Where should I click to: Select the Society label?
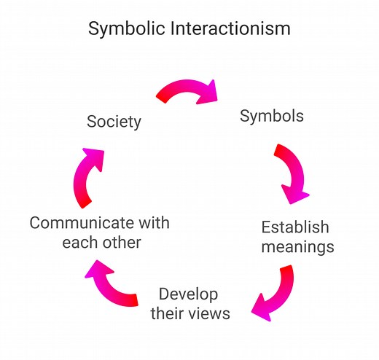pos(114,122)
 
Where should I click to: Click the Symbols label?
pos(272,116)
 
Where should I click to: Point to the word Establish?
pos(295,227)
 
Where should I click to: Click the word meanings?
pos(297,246)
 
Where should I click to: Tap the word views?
pos(210,314)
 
